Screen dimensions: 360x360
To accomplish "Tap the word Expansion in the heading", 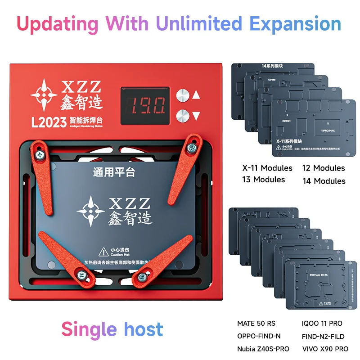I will click(x=296, y=24).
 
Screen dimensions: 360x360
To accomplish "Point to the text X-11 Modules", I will click(x=267, y=168).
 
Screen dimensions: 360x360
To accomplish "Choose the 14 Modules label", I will click(x=324, y=181).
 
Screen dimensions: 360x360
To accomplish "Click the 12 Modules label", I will click(x=324, y=168).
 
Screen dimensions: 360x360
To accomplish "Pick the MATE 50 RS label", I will click(x=256, y=324).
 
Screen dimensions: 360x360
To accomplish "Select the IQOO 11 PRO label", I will click(x=322, y=324).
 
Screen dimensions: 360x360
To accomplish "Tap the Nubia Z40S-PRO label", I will click(x=263, y=349).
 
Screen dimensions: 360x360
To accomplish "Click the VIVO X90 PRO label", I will click(x=325, y=349).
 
